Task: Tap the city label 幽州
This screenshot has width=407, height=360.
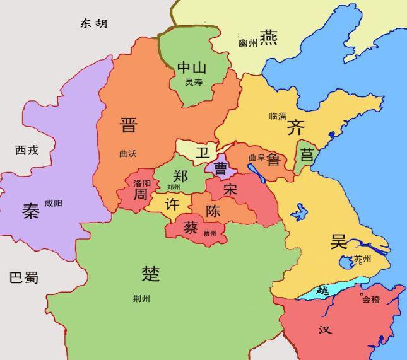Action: [248, 43]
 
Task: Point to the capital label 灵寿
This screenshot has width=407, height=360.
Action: [193, 82]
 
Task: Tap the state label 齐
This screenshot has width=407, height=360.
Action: [295, 128]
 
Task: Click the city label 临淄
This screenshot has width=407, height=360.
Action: [277, 116]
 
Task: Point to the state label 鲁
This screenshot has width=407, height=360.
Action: [273, 158]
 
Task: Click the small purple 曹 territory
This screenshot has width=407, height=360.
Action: [221, 168]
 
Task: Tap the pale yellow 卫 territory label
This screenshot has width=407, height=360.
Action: [201, 153]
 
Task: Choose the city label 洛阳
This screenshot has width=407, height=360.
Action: [141, 183]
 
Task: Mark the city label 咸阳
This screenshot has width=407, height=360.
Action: [54, 203]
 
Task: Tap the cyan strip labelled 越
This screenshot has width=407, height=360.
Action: [323, 291]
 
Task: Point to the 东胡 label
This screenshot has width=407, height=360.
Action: [93, 24]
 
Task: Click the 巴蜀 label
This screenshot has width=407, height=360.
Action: [24, 278]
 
